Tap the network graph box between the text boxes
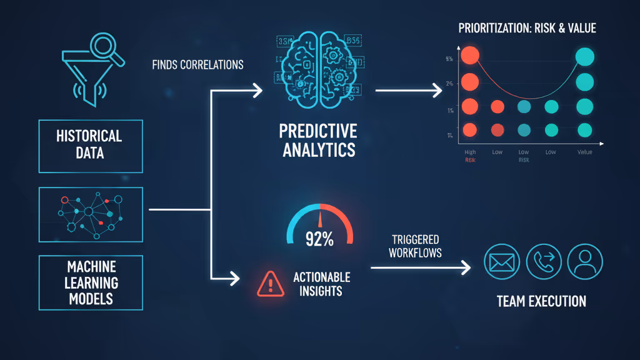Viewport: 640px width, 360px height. coord(90,214)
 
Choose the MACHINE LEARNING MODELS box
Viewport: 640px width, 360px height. coord(90,282)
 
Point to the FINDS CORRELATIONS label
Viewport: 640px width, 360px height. coord(197,64)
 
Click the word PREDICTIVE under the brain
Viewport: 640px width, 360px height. coord(318,132)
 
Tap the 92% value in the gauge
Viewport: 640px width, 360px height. coord(319,239)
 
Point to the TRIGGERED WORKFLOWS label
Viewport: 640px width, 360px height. coord(414,246)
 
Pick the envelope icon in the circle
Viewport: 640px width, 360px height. coord(502,261)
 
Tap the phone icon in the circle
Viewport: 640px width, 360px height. coord(543,261)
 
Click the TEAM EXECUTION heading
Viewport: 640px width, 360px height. coord(541,301)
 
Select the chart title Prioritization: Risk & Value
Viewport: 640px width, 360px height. coord(527,27)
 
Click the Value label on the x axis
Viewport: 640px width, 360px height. coord(584,152)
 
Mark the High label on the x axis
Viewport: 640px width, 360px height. coord(470,152)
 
